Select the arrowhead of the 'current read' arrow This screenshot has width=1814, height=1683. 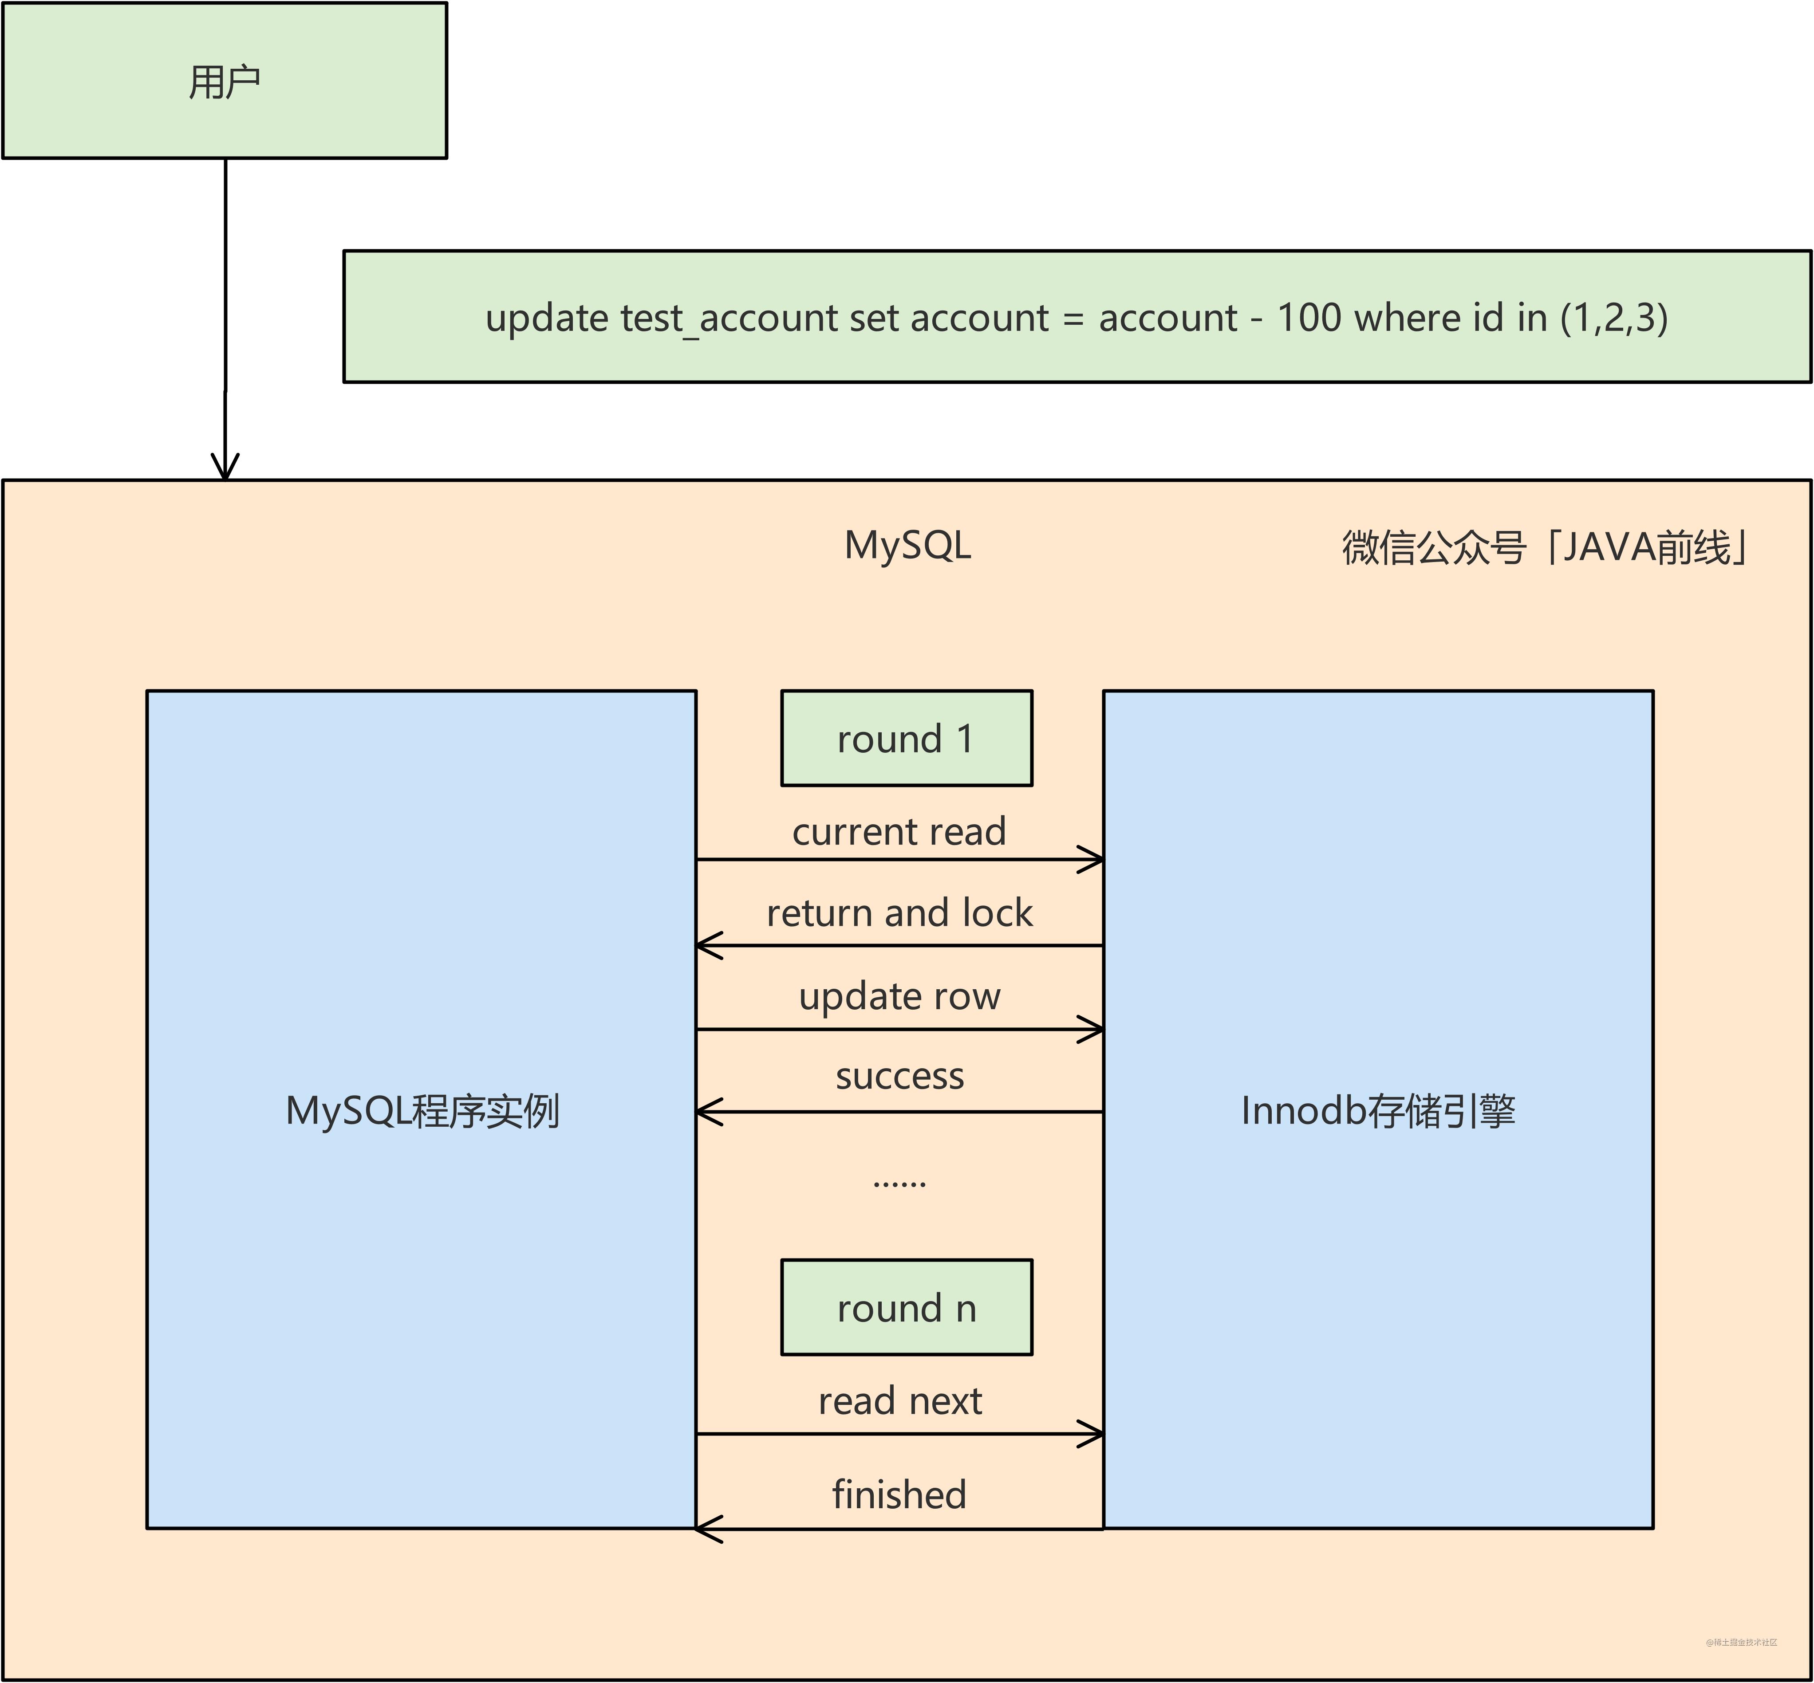[x=1092, y=859]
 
